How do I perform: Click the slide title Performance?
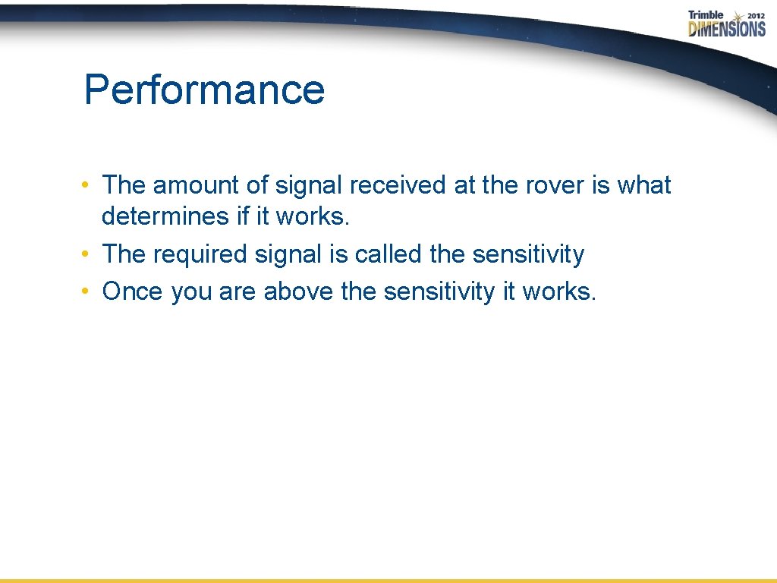click(x=204, y=90)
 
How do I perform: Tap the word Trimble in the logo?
click(x=706, y=15)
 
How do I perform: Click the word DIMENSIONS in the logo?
click(x=727, y=30)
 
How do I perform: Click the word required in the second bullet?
click(x=200, y=254)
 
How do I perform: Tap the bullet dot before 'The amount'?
click(x=89, y=185)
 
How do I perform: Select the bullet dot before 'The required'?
click(x=89, y=254)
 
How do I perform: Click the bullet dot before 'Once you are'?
click(x=89, y=291)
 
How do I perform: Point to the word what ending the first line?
click(x=643, y=184)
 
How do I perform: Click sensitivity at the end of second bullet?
click(x=528, y=254)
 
